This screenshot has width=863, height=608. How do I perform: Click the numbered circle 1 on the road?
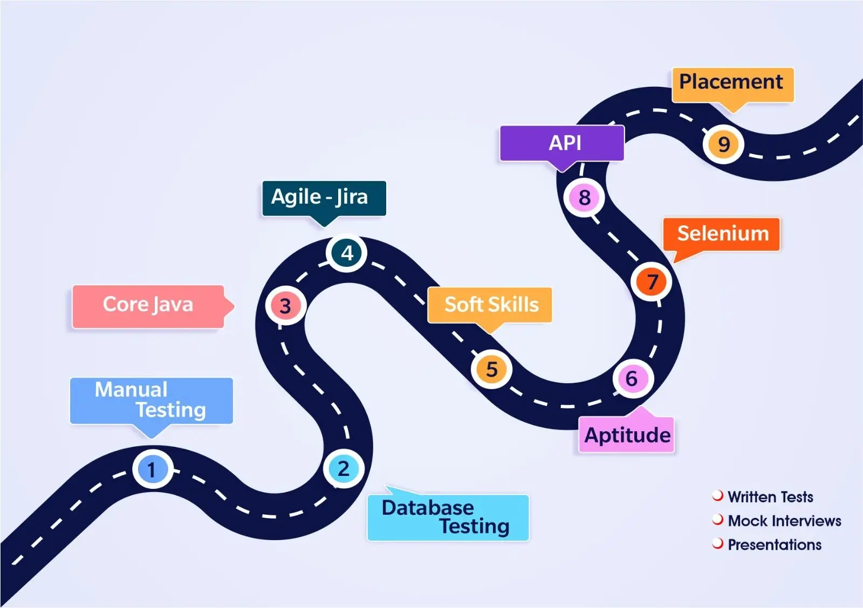(153, 469)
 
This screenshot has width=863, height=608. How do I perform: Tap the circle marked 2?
(344, 468)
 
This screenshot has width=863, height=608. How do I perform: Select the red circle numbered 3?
(285, 306)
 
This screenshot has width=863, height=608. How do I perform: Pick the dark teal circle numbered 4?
(347, 253)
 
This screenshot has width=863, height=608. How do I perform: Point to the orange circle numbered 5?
(491, 369)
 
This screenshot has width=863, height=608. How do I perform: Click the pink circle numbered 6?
(632, 378)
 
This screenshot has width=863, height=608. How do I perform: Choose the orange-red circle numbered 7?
(652, 281)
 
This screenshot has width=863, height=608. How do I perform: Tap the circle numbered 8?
(584, 198)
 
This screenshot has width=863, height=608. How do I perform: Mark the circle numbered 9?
(723, 144)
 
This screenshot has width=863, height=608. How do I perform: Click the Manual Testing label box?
(151, 400)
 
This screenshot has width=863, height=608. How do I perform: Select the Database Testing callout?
(448, 517)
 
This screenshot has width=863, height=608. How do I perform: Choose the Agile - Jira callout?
(324, 198)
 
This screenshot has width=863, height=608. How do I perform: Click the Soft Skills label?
(490, 305)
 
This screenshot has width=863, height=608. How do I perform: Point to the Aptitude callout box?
(626, 434)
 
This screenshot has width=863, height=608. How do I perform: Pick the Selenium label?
(722, 234)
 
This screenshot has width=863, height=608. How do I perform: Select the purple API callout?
(562, 143)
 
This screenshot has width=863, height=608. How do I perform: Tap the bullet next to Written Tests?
(717, 495)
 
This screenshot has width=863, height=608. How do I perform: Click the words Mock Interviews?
(784, 521)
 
